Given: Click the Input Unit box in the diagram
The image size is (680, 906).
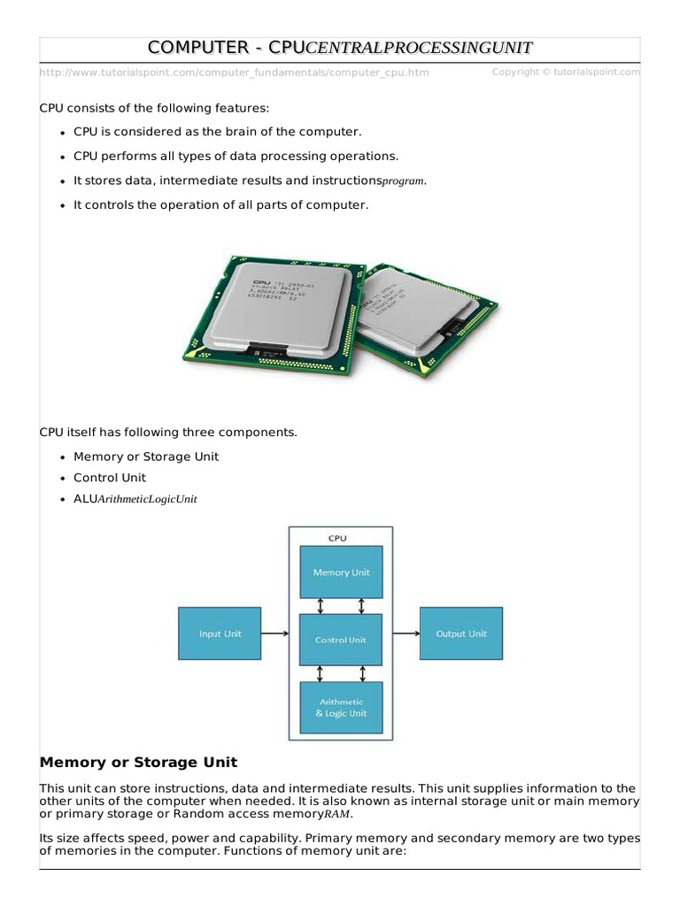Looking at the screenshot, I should pos(220,633).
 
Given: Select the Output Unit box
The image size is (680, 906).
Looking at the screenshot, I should pos(460,633).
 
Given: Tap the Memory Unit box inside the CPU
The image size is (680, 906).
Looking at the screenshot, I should pos(341,572).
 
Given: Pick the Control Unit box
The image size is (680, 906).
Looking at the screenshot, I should pos(341,639).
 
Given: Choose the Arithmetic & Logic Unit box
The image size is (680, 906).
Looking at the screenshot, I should pos(341,707).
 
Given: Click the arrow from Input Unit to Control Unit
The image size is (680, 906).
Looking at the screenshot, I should pos(275,633).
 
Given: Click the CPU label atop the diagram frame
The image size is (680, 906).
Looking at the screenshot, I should pos(338,537).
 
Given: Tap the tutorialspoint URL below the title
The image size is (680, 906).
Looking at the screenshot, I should pos(235,73).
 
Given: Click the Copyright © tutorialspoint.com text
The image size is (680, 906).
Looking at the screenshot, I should pos(565,72).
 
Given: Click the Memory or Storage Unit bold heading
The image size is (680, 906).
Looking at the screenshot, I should pos(139,762).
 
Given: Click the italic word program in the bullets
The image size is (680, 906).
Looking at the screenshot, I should pos(403,181).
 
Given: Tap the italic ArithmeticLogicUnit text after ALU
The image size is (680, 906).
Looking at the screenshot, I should pos(147,499).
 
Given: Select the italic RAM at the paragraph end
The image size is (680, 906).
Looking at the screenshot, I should pos(338,814).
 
